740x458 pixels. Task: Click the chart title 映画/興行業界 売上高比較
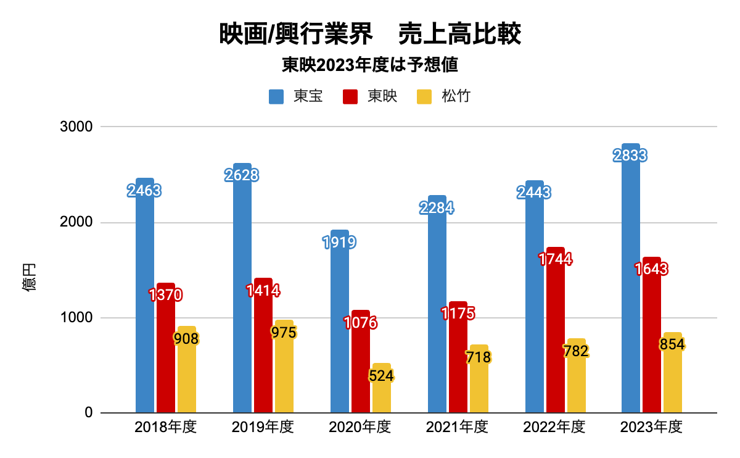[x=370, y=35]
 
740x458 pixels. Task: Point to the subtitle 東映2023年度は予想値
[x=370, y=65]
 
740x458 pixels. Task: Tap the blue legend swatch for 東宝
[x=276, y=97]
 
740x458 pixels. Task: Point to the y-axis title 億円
[x=30, y=277]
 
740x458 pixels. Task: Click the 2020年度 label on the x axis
[x=360, y=427]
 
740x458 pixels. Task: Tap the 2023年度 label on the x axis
[x=651, y=427]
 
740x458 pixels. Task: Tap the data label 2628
[x=242, y=175]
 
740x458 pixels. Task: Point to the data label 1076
[x=361, y=323]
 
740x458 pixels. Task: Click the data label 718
[x=479, y=357]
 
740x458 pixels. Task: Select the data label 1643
[x=652, y=269]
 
